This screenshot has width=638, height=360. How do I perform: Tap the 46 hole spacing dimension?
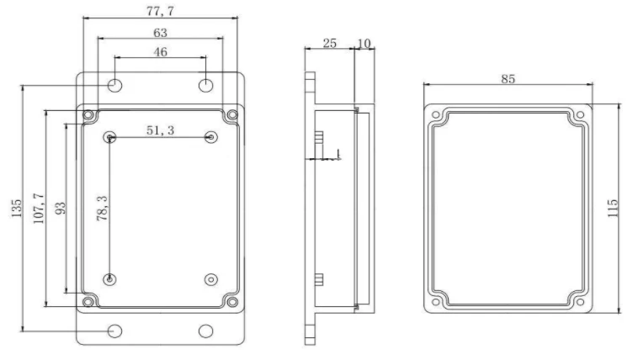160,52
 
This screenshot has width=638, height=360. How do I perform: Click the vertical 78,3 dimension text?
100,207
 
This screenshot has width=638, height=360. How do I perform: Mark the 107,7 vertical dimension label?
38,208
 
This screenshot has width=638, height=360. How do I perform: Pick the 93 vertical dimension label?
60,208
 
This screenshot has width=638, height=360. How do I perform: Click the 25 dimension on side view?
330,42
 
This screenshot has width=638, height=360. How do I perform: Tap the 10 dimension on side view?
364,42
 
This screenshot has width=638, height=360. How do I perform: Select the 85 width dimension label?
508,78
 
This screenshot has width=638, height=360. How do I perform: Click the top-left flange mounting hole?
115,85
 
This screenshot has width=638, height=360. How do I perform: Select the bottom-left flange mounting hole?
115,331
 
